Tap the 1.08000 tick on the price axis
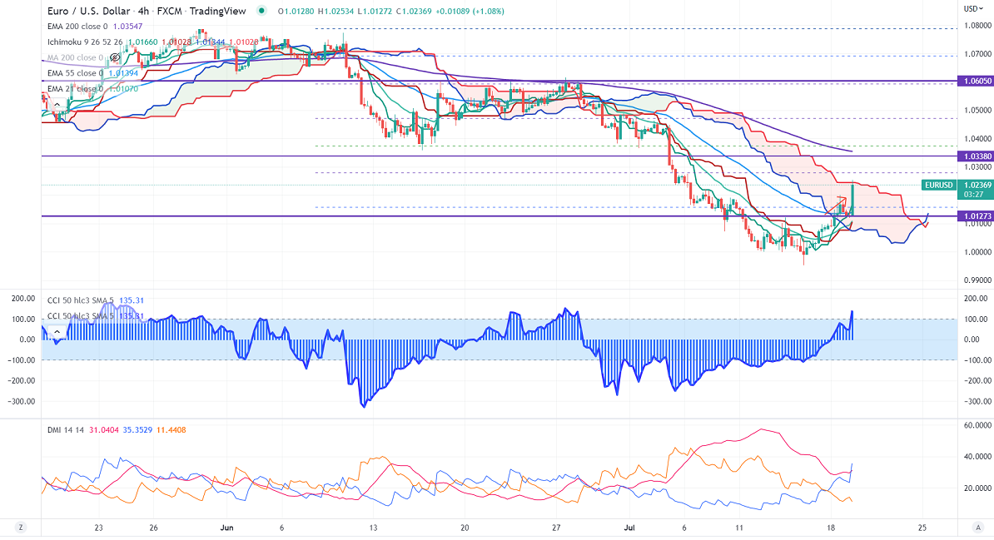(x=976, y=26)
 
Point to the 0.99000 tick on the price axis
(x=976, y=280)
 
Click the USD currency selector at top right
(x=971, y=8)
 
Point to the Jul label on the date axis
(x=629, y=528)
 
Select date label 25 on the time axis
(x=922, y=528)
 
